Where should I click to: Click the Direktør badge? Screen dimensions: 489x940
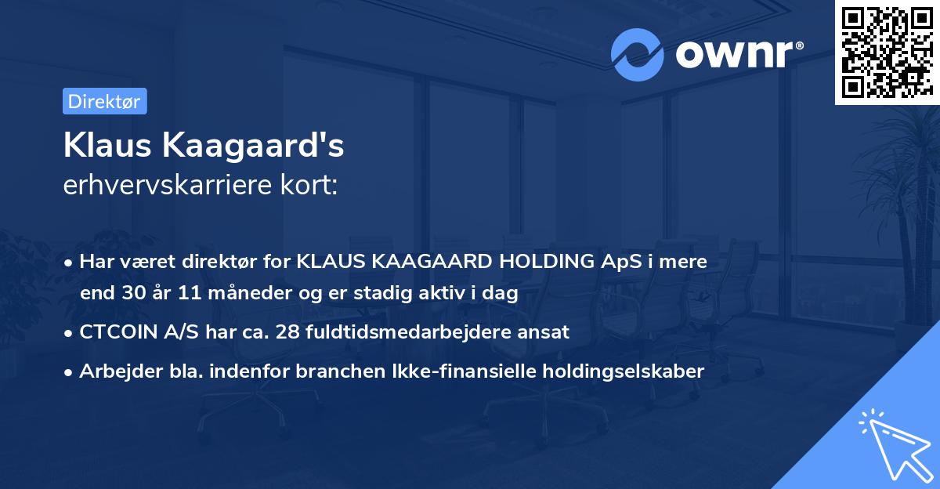pos(104,101)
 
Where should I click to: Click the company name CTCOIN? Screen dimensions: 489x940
pos(115,331)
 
